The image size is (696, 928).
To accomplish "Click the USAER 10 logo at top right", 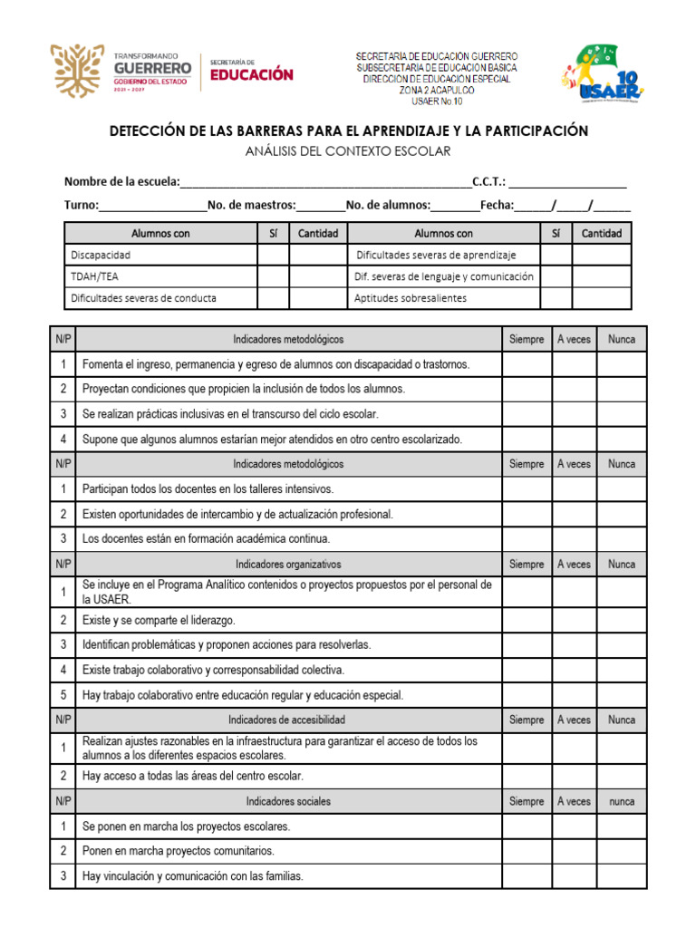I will (x=604, y=72).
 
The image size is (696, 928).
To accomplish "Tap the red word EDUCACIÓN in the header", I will (x=252, y=75).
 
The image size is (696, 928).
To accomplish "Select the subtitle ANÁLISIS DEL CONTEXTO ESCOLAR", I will (x=348, y=151).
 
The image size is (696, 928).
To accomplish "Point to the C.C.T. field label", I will (x=489, y=181).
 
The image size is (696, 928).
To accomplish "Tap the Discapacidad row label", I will (x=101, y=256).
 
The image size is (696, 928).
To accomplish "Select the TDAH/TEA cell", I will (x=94, y=276).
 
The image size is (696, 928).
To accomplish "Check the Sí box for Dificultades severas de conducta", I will (x=273, y=298).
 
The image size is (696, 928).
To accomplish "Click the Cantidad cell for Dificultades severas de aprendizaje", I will (x=602, y=256).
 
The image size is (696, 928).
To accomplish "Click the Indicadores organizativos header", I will (x=288, y=564).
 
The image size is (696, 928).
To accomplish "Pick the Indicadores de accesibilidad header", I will (x=288, y=720).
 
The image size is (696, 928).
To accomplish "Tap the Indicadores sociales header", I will (x=288, y=802).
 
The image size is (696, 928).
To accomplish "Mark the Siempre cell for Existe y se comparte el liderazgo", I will (x=527, y=620).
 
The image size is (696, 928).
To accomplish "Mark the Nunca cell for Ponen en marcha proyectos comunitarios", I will (x=622, y=851).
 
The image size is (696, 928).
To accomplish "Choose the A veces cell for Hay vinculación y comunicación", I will (x=574, y=876).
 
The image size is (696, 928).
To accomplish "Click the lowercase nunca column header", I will (x=622, y=802).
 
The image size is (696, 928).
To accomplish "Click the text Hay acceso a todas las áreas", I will (x=193, y=777).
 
